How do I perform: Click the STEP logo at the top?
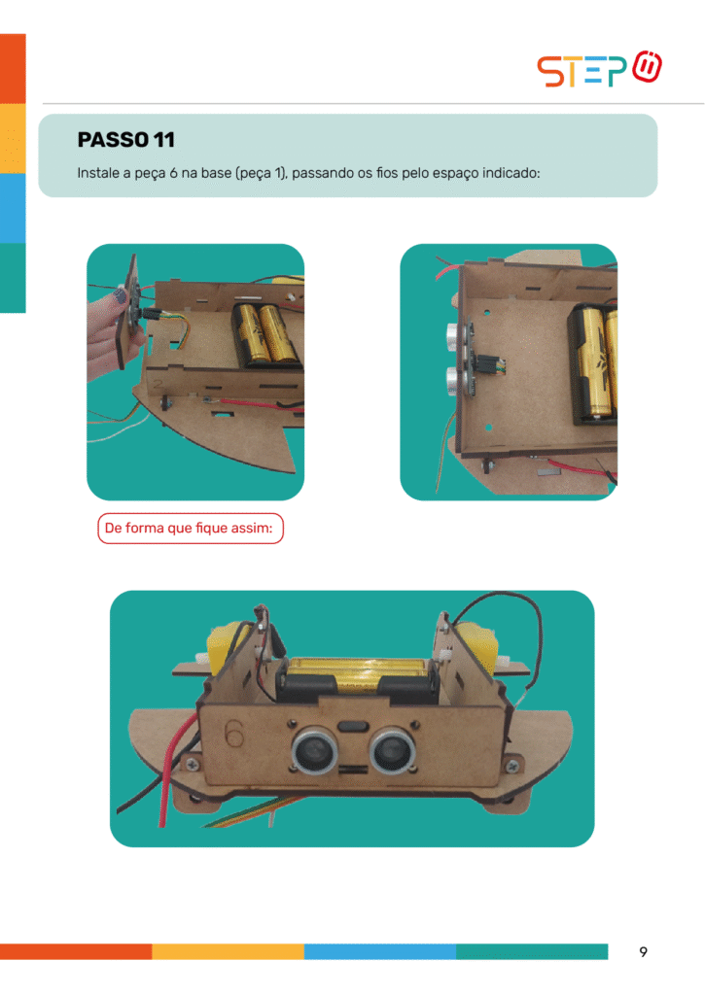click(599, 69)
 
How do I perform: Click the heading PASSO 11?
click(125, 140)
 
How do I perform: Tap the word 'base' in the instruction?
click(216, 173)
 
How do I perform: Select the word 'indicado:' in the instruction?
click(511, 173)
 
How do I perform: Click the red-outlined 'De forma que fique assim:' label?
click(190, 528)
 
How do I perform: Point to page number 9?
click(643, 951)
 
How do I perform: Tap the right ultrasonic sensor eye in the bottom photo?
click(393, 750)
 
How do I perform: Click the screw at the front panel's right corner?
click(511, 767)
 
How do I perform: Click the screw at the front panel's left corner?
click(191, 766)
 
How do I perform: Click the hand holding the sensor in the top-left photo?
click(108, 335)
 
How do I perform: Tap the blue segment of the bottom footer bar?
click(380, 951)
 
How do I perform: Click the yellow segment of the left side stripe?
click(13, 138)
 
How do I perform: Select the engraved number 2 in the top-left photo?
click(159, 384)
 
